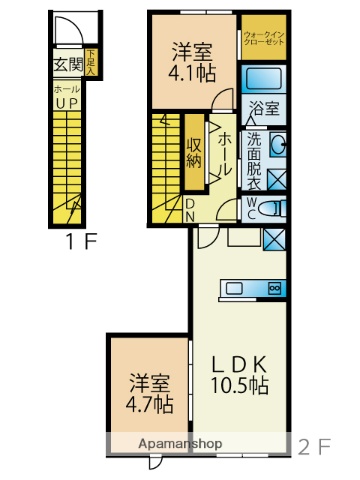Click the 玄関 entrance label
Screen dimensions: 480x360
click(67, 66)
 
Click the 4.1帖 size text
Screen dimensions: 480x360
click(189, 72)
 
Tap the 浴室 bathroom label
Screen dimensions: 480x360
click(265, 107)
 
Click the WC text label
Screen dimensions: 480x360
click(252, 208)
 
